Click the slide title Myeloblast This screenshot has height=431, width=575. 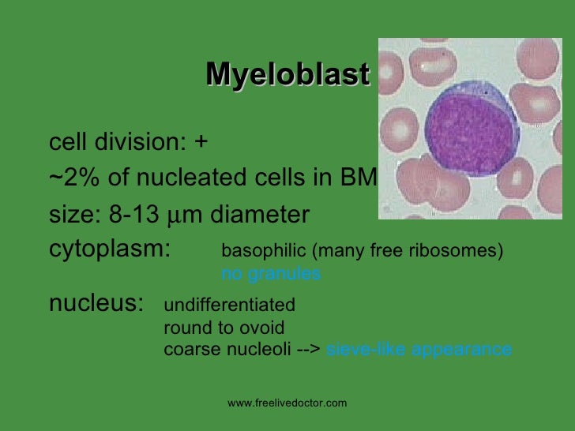click(x=287, y=75)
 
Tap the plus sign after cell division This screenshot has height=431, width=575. click(x=201, y=143)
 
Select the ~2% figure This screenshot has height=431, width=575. click(x=76, y=178)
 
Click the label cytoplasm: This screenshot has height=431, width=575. click(x=110, y=249)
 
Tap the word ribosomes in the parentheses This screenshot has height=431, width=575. click(x=463, y=251)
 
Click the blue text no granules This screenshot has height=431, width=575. click(x=271, y=274)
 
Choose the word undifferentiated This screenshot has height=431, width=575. click(x=229, y=305)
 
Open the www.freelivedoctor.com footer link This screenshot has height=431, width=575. click(x=287, y=403)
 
